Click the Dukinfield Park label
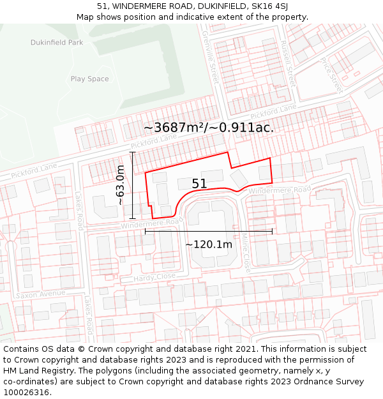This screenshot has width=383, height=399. pyautogui.click(x=57, y=42)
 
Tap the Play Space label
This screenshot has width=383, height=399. pyautogui.click(x=89, y=79)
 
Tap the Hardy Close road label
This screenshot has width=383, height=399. pyautogui.click(x=154, y=278)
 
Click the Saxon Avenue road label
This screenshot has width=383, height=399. pyautogui.click(x=40, y=295)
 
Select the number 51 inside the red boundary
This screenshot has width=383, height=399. pyautogui.click(x=199, y=184)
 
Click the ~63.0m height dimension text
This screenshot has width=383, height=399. pyautogui.click(x=120, y=184)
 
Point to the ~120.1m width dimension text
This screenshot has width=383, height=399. pyautogui.click(x=208, y=245)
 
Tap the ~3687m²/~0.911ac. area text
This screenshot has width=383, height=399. pyautogui.click(x=209, y=128)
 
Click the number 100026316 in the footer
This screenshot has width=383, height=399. pyautogui.click(x=27, y=393)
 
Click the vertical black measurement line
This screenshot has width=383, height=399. pyautogui.click(x=133, y=185)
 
